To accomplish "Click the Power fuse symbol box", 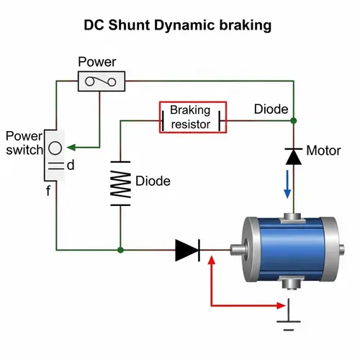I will click(x=102, y=81).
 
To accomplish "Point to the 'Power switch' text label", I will click(x=23, y=143).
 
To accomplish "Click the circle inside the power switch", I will click(x=55, y=149).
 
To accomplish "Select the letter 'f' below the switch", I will click(x=48, y=192).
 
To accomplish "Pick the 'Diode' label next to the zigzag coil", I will click(x=153, y=181).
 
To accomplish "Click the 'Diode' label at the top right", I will click(x=271, y=109).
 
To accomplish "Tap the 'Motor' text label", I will click(x=323, y=151).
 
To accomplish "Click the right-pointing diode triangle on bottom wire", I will click(x=187, y=250).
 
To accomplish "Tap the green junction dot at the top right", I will click(x=294, y=120).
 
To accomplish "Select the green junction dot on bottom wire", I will click(x=120, y=250).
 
